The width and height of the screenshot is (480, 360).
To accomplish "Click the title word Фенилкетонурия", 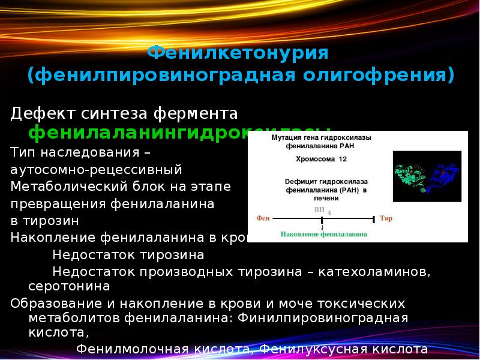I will click(238, 53).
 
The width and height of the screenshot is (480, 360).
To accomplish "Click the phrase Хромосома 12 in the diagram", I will click(320, 160).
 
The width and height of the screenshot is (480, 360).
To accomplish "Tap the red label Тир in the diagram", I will click(386, 219).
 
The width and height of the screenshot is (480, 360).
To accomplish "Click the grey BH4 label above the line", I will click(321, 211).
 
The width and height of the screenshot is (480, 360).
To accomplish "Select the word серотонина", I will click(69, 286).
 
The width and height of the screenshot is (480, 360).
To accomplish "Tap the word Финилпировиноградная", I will click(323, 318).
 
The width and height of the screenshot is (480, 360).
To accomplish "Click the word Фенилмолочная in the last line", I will click(133, 349).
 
